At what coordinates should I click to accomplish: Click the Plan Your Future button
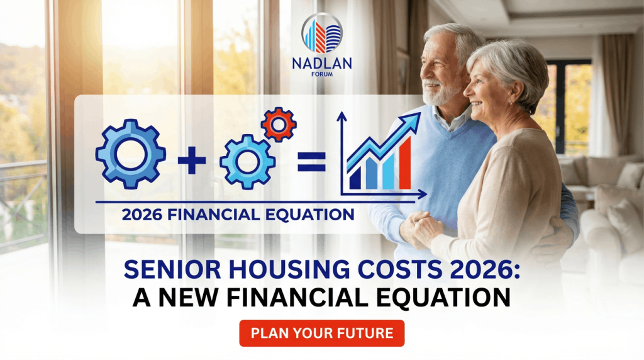(321, 334)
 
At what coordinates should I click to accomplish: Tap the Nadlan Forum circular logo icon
(322, 33)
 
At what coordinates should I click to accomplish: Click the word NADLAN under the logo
(322, 64)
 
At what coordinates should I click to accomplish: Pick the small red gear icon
(279, 124)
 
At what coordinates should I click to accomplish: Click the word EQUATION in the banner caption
(312, 215)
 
